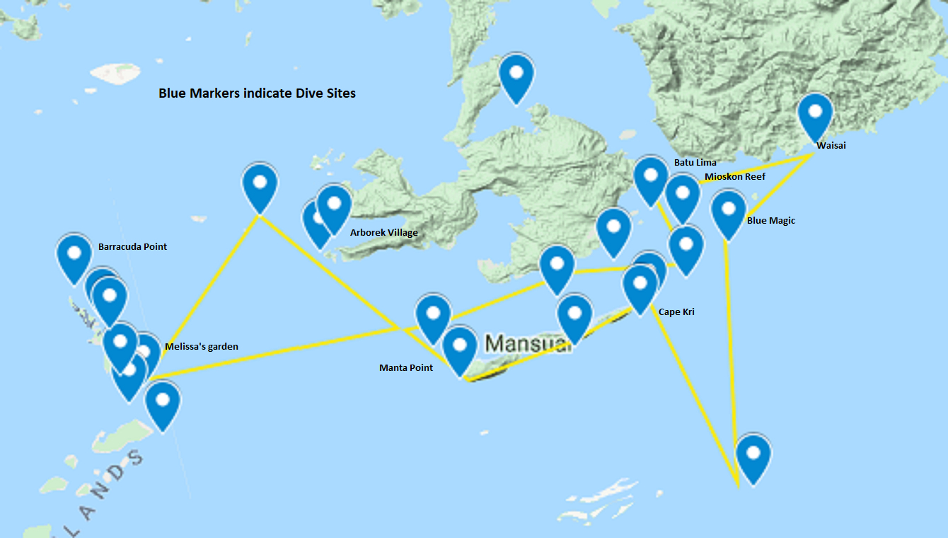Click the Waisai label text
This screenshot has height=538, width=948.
[x=831, y=146]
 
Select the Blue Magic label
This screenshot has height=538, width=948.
[x=770, y=220]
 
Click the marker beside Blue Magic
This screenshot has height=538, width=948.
[x=728, y=212]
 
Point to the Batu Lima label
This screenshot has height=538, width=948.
[x=695, y=162]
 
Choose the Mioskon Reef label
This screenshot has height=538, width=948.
[x=734, y=176]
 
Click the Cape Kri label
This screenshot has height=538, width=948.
[x=676, y=311]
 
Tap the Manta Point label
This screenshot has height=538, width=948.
[x=406, y=367]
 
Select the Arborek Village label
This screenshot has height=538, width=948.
[x=383, y=232]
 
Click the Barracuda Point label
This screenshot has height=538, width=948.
[x=132, y=246]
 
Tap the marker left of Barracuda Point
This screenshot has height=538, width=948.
[x=74, y=256]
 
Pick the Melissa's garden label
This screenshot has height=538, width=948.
[x=201, y=346]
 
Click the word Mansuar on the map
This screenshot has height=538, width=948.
[x=528, y=344]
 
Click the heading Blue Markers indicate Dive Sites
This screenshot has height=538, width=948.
[x=257, y=93]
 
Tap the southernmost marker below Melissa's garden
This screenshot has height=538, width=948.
[x=163, y=403]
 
